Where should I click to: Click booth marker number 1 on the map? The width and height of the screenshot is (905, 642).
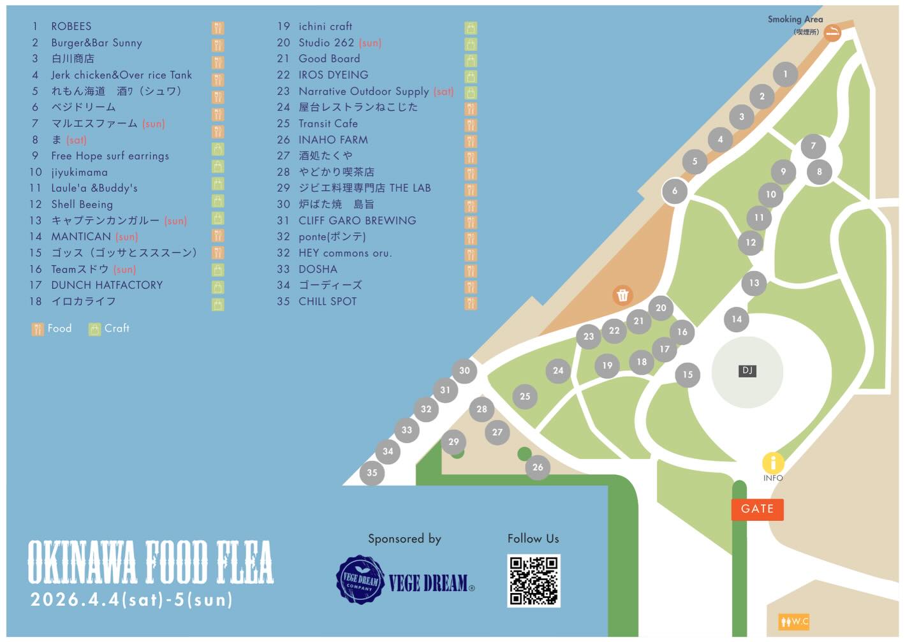point(785,74)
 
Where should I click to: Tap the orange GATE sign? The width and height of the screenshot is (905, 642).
point(757,509)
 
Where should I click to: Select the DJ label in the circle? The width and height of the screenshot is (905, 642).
point(747,370)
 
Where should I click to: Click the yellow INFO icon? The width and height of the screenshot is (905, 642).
point(773,463)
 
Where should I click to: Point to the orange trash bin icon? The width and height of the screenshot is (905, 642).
point(622,295)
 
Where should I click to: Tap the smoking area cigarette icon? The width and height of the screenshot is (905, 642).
point(832,33)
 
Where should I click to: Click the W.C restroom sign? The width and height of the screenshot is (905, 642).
point(794,621)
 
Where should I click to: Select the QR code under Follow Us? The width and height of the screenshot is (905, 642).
point(533,580)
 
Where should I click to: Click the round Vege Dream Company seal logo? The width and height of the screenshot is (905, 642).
point(360,580)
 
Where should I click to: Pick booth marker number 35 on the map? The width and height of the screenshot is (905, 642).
point(372,472)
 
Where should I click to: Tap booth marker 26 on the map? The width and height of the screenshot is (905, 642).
point(538,467)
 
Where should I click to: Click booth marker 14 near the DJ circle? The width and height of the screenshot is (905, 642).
point(737,319)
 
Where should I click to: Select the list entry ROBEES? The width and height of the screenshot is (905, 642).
point(71,26)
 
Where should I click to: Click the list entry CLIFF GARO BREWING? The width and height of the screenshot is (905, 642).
point(357,221)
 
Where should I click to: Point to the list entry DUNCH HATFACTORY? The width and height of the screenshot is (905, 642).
point(107,285)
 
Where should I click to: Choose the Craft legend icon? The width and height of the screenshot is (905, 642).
point(94,329)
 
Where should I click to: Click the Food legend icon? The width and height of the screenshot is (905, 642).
point(38,329)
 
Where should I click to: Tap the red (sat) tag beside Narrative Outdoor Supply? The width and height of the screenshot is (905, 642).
point(443,91)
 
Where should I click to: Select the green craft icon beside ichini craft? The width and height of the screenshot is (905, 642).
point(471,27)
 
